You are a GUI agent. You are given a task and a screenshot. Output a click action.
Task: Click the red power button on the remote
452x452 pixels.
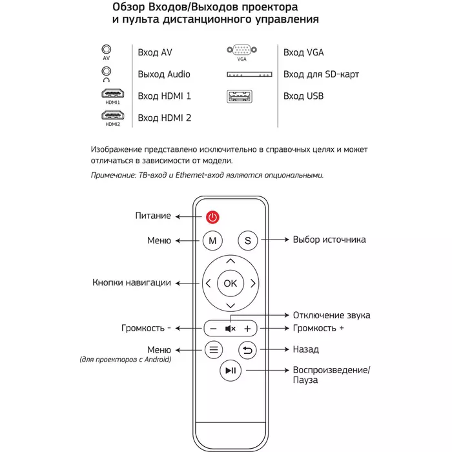click(x=213, y=217)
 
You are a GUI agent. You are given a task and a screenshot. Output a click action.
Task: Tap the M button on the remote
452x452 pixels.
click(x=212, y=240)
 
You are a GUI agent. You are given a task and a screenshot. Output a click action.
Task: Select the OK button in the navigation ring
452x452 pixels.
click(x=231, y=283)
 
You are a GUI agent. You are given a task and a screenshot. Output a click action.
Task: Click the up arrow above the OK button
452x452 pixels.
click(x=231, y=260)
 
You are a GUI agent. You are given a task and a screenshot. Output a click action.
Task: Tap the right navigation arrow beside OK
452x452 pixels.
click(x=253, y=283)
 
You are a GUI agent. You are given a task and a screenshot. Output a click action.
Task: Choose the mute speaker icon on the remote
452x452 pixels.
click(x=231, y=328)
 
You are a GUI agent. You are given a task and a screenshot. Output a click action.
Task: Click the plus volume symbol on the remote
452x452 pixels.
click(x=247, y=328)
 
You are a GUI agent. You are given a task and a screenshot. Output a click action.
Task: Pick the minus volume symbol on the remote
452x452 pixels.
click(x=214, y=328)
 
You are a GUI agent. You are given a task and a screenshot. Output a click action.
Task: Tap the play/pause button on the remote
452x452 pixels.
click(x=231, y=371)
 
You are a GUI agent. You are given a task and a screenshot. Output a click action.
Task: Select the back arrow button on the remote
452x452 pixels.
click(x=247, y=350)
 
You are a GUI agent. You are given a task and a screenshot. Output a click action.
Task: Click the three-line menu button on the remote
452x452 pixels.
click(x=214, y=350)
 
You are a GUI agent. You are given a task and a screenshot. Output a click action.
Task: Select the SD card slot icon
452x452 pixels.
click(x=249, y=75)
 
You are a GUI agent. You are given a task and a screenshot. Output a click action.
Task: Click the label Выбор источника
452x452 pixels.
click(x=329, y=240)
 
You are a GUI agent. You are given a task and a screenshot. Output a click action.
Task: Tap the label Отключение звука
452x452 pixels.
click(x=332, y=315)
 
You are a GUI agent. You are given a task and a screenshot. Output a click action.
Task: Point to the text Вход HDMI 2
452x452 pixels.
click(x=165, y=118)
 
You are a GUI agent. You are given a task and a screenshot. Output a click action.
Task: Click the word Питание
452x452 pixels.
click(x=153, y=216)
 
